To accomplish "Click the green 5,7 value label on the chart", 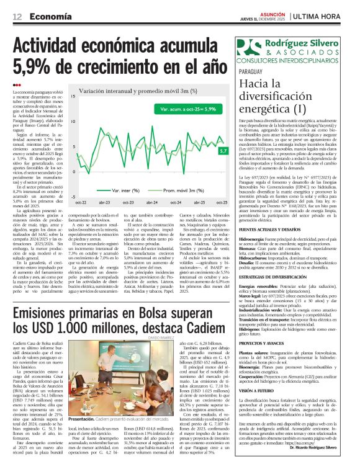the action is click(223, 150).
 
